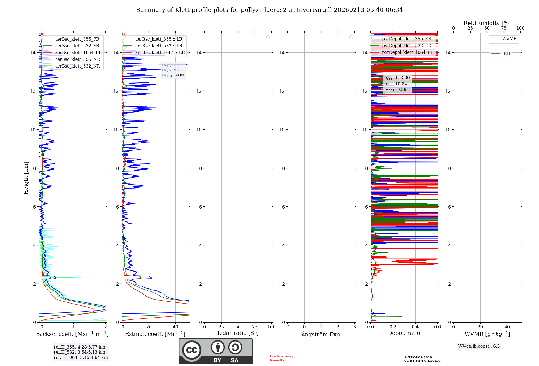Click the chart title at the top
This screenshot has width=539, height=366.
tap(269, 10)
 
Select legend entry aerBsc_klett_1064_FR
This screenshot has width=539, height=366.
tap(78, 53)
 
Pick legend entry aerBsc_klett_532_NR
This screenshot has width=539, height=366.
tap(77, 66)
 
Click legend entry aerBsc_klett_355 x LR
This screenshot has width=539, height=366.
tap(158, 39)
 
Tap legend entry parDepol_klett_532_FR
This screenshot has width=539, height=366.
tap(406, 46)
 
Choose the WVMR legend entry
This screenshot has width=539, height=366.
tap(509, 39)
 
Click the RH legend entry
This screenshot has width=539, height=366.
tap(507, 54)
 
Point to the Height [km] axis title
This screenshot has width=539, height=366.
tap(26, 178)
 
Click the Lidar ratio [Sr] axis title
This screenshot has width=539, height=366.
tap(238, 333)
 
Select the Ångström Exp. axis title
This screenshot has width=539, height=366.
tap(321, 335)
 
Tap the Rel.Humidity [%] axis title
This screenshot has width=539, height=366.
tap(487, 23)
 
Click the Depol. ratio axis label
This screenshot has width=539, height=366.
tap(404, 333)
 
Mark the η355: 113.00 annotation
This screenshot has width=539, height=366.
tap(397, 78)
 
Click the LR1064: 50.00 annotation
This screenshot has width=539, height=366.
tap(173, 75)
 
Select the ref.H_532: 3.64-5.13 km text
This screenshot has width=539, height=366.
tap(80, 352)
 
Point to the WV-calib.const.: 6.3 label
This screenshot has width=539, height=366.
tap(479, 346)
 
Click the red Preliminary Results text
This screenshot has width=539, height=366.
tap(281, 358)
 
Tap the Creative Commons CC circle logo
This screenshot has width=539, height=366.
tap(192, 350)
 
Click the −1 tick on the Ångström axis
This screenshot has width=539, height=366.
tap(288, 327)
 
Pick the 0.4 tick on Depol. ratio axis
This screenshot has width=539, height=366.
tap(415, 327)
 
